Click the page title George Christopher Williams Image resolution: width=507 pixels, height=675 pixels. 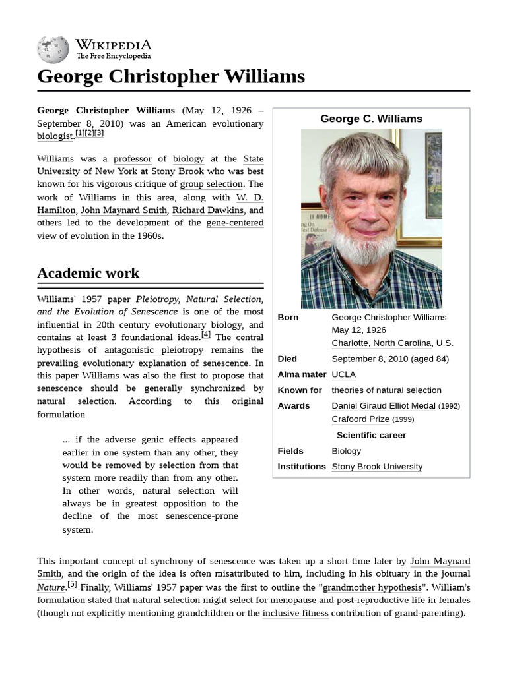171,76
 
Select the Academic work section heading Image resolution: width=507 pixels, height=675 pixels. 88,273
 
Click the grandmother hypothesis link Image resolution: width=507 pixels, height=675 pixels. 372,587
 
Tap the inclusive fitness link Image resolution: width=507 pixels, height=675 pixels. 295,613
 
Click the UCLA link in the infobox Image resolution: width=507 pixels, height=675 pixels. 343,374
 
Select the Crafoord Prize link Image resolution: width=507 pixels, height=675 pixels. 360,419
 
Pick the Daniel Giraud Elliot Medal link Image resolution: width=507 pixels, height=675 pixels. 383,406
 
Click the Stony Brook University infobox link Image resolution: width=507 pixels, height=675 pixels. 376,467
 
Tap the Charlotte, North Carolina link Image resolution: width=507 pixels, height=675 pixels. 382,343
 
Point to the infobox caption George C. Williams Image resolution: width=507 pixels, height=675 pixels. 371,119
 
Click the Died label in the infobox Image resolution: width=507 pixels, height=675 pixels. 287,359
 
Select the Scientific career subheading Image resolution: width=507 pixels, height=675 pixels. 371,436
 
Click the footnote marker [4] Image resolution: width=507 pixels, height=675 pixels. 206,334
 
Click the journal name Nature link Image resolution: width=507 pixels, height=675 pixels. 51,587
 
